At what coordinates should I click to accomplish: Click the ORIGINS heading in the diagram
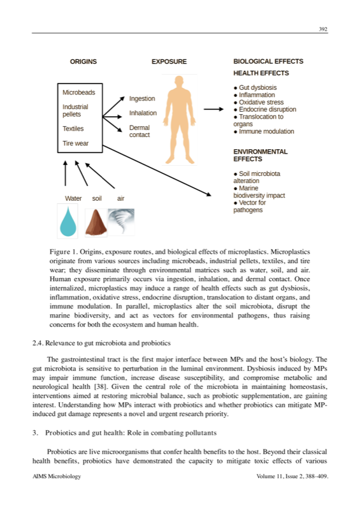point(83,62)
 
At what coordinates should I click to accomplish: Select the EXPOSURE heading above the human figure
point(169,62)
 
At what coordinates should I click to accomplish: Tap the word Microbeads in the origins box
point(78,92)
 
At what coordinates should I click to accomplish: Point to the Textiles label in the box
point(73,128)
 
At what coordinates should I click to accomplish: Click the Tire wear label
point(75,143)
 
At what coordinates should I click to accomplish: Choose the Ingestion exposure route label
point(142,99)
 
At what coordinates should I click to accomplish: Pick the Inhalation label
point(143,113)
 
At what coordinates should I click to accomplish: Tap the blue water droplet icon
point(67,221)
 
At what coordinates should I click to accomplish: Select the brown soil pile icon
point(95,221)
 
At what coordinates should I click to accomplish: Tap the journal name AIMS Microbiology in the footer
point(56,476)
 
